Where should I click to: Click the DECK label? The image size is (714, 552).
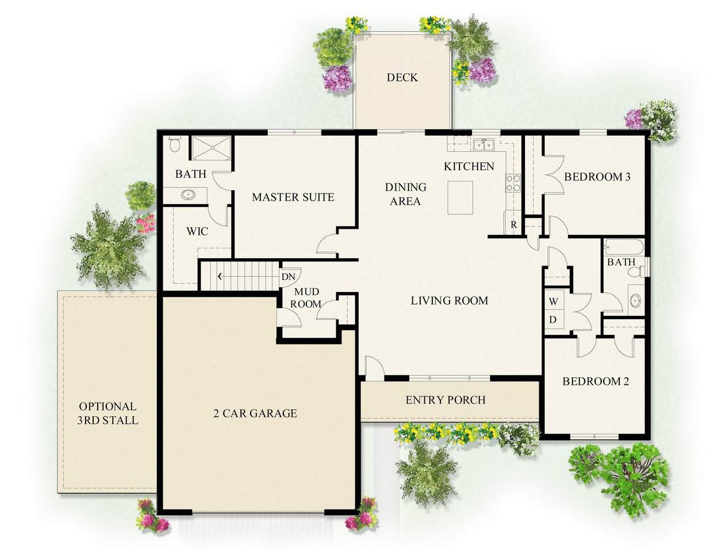pyautogui.click(x=402, y=78)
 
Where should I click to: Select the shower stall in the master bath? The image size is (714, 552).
pyautogui.click(x=212, y=148)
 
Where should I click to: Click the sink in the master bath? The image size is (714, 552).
pyautogui.click(x=187, y=195)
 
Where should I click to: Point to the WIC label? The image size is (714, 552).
pyautogui.click(x=197, y=231)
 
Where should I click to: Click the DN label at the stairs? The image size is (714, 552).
pyautogui.click(x=288, y=277)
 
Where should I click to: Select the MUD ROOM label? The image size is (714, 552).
pyautogui.click(x=306, y=298)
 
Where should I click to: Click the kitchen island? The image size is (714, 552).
pyautogui.click(x=460, y=197)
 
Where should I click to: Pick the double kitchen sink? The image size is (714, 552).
pyautogui.click(x=484, y=144)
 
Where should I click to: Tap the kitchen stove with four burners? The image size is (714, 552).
pyautogui.click(x=513, y=183)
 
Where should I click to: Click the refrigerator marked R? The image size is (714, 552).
pyautogui.click(x=513, y=224)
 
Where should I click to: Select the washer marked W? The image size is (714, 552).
pyautogui.click(x=554, y=301)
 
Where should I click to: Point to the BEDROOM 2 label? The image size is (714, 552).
pyautogui.click(x=596, y=381)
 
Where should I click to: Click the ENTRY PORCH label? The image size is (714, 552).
pyautogui.click(x=446, y=400)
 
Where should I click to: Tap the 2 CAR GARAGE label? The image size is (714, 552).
pyautogui.click(x=255, y=413)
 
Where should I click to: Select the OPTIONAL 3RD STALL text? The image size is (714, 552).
pyautogui.click(x=108, y=413)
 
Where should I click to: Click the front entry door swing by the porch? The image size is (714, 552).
pyautogui.click(x=375, y=367)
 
